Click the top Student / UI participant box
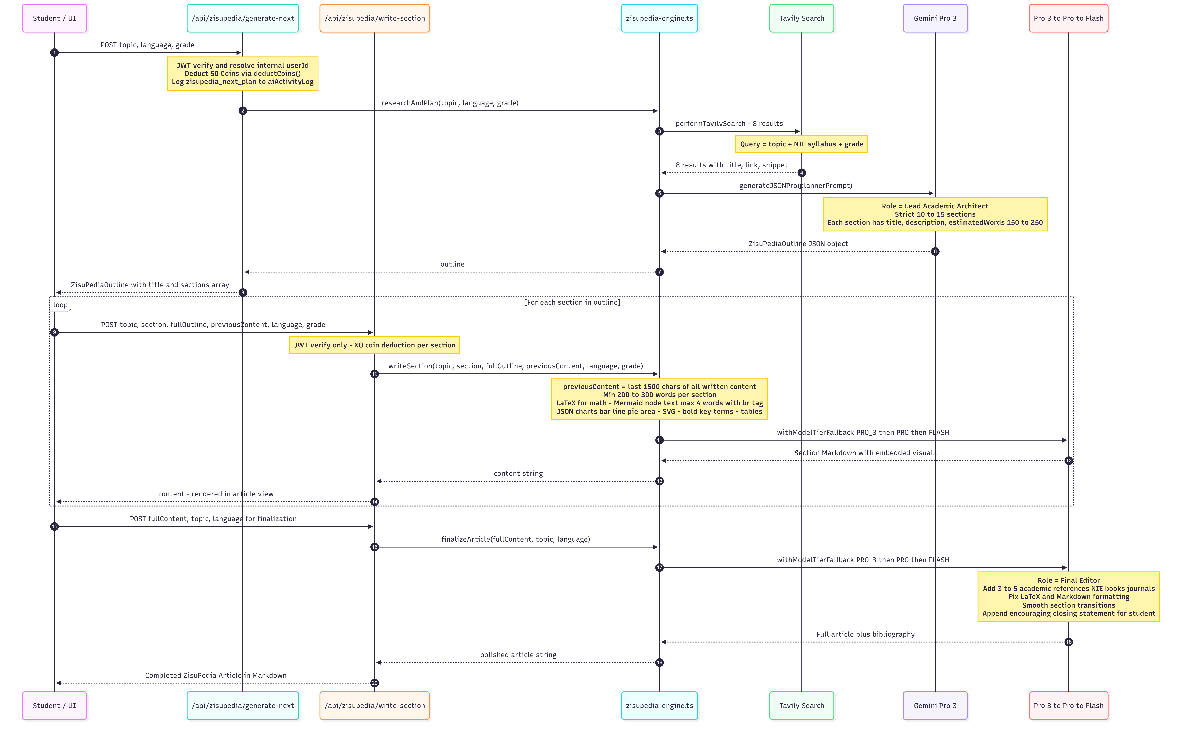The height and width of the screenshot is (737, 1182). (x=54, y=18)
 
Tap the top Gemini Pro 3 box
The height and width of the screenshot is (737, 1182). (x=935, y=18)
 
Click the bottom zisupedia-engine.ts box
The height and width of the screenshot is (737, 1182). (x=659, y=705)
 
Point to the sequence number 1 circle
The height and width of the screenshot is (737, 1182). (x=54, y=53)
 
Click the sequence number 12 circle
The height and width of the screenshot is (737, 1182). (x=1068, y=461)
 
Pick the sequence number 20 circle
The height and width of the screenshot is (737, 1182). (x=374, y=683)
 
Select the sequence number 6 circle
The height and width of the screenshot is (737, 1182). (x=935, y=252)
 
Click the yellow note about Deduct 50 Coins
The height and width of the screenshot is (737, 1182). (x=243, y=74)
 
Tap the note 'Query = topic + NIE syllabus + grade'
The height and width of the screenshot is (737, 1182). (x=802, y=144)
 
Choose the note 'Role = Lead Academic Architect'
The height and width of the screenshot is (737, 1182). (x=935, y=214)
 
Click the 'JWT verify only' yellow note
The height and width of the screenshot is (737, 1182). (x=374, y=345)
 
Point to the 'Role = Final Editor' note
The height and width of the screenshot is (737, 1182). (x=1068, y=597)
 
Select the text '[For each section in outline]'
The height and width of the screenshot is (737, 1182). (x=572, y=302)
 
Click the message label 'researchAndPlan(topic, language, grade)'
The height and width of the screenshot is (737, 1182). (x=450, y=103)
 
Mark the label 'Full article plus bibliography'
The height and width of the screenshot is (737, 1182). (x=866, y=634)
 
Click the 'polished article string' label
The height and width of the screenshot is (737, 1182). (x=518, y=655)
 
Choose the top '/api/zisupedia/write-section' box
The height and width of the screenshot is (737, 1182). (x=374, y=18)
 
